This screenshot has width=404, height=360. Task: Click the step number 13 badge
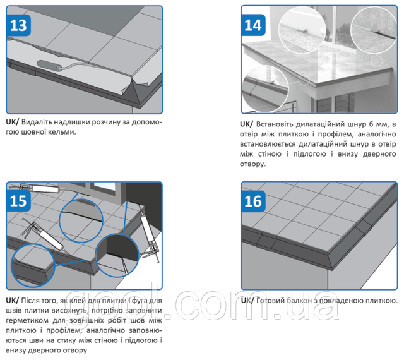click(x=18, y=25)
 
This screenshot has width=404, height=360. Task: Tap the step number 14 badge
click(x=253, y=25)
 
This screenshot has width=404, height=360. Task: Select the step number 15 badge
click(x=18, y=201)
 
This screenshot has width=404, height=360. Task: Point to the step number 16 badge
click(x=253, y=201)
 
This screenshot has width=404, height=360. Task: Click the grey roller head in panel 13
click(x=49, y=66)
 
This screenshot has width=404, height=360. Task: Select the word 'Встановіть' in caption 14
click(x=275, y=124)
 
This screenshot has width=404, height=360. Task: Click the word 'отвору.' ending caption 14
click(x=252, y=164)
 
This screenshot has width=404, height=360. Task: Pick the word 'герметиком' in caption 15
click(x=27, y=321)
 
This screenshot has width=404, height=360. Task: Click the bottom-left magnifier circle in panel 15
click(x=33, y=266)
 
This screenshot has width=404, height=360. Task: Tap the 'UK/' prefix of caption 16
click(x=247, y=301)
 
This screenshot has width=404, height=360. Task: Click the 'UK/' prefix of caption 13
click(x=13, y=122)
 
